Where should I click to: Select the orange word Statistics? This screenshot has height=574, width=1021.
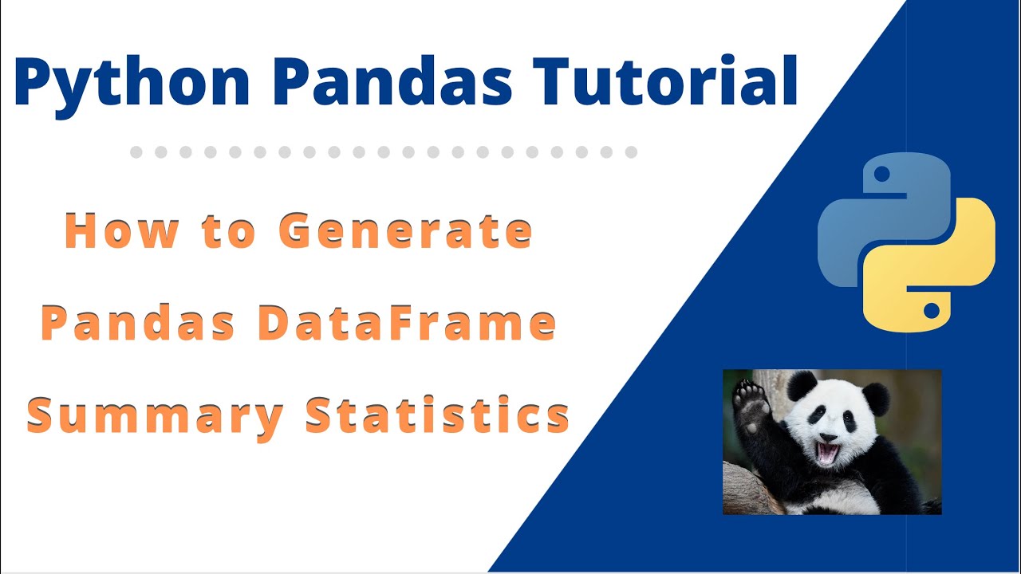click(437, 415)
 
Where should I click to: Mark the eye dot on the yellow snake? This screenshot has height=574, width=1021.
click(931, 309)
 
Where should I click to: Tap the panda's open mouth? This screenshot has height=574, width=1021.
click(827, 454)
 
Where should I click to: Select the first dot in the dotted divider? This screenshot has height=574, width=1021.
click(136, 151)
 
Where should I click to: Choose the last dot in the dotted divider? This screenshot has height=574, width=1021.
click(631, 151)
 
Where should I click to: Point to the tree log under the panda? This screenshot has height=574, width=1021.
click(746, 490)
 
